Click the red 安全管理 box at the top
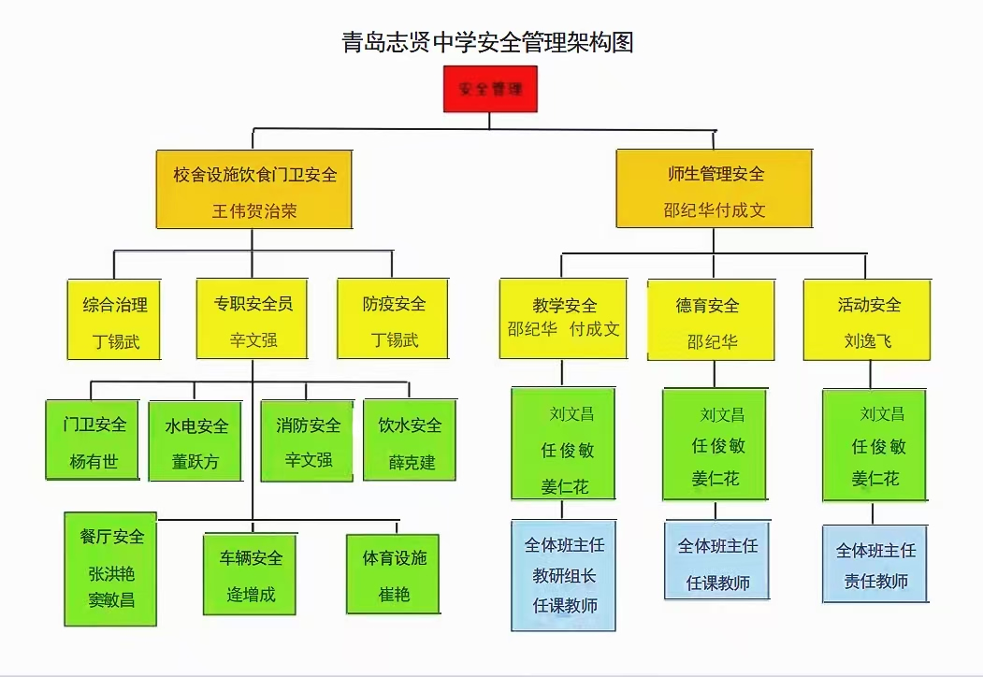point(490,89)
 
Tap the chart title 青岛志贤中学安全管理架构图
point(488,42)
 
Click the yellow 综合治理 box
point(115,319)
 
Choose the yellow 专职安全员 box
point(253,319)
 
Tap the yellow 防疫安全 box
point(393,319)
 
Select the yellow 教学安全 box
point(563,319)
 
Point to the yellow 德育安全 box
point(712,320)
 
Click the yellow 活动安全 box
point(868,320)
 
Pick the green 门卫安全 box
point(94,440)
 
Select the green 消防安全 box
point(308,440)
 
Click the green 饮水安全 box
point(410,440)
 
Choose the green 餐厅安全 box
point(111,569)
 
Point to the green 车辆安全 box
point(251,574)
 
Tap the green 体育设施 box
point(393,574)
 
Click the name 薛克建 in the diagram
point(412,463)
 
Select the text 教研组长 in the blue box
point(564,575)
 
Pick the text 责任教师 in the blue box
point(875,582)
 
